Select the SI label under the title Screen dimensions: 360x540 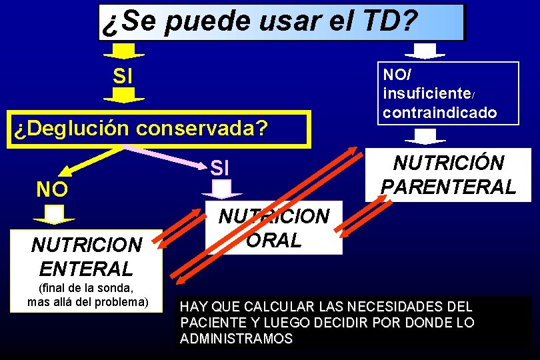click(123, 76)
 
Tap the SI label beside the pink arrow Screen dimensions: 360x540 click(220, 168)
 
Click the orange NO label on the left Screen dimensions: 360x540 click(51, 190)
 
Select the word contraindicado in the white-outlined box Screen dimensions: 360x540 click(440, 112)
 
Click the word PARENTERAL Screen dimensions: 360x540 click(448, 187)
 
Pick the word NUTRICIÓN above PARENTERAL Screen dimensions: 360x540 click(449, 163)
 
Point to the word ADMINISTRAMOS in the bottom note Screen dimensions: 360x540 click(236, 339)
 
